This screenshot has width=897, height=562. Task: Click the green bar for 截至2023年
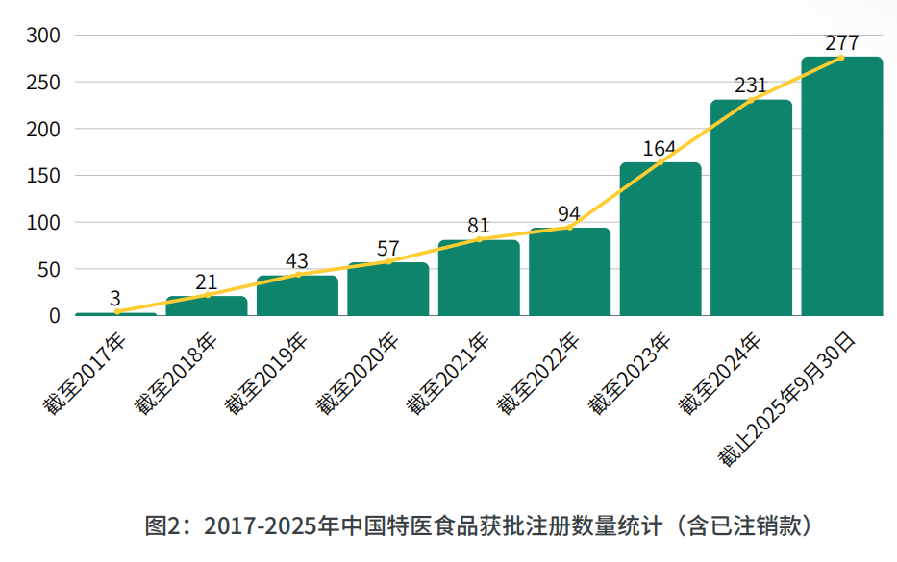[660, 239]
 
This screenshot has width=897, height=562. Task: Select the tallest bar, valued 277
[841, 186]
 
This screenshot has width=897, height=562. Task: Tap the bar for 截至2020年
[387, 289]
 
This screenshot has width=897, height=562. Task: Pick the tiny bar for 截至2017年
[115, 313]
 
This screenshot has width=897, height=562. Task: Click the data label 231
[751, 86]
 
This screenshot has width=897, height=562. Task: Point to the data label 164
[660, 149]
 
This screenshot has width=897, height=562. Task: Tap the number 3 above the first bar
[115, 298]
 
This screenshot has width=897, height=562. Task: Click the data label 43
[297, 260]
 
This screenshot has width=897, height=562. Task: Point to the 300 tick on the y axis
[44, 36]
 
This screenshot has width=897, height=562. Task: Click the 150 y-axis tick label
[44, 176]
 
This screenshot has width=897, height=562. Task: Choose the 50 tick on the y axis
[49, 269]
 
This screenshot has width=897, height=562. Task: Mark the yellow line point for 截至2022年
[569, 228]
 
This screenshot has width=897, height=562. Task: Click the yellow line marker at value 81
[479, 239]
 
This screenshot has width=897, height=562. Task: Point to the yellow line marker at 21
[207, 295]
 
